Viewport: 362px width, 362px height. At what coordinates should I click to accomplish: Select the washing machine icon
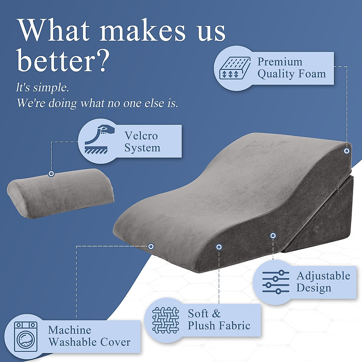coord(26,336)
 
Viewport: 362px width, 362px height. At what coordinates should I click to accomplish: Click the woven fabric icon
coord(166,320)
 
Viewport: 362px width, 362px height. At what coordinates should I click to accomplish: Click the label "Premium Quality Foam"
coord(291,68)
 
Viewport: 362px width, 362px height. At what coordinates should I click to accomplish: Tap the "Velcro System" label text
coord(142,142)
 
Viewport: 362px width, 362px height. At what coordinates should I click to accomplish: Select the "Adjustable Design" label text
coord(323,282)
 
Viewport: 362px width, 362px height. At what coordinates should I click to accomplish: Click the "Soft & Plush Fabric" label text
coord(219,320)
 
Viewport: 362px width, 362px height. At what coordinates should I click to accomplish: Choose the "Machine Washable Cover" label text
coord(89,336)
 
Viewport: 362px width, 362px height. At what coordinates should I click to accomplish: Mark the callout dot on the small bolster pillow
coord(51,174)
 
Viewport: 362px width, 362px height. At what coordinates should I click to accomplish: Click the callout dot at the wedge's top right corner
coord(347,151)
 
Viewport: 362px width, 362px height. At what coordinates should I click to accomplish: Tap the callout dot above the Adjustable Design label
coord(273,236)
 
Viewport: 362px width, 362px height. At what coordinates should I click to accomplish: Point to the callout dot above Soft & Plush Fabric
coord(219,247)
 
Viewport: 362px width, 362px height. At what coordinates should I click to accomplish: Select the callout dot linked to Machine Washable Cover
coord(151,246)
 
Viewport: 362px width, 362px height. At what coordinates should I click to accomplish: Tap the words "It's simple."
coord(43,88)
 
